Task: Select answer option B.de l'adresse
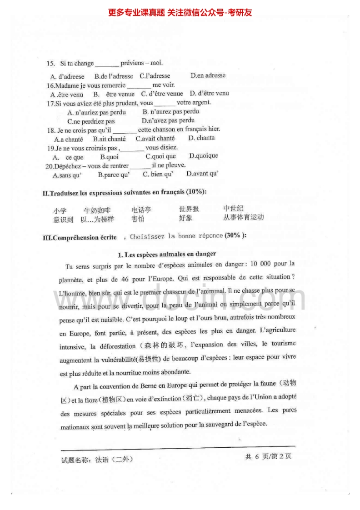114,76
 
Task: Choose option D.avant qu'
202,174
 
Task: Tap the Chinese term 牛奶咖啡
97,210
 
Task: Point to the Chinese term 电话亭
141,210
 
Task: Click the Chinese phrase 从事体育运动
243,217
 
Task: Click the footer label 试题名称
75,460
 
